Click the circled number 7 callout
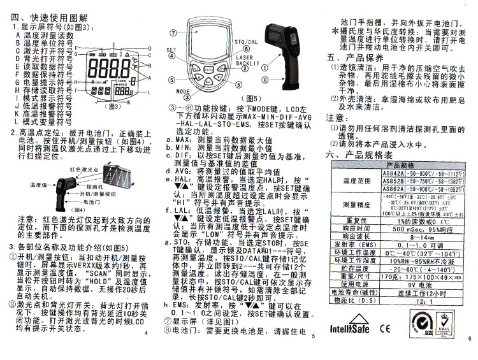(x=173, y=32)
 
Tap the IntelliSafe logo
(x=348, y=329)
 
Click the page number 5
(x=314, y=336)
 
